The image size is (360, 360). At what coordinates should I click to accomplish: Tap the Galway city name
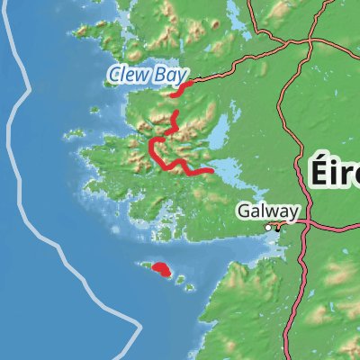tap(267, 211)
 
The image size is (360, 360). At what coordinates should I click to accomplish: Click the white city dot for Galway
tap(268, 228)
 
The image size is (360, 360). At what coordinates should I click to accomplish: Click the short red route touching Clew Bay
tap(179, 88)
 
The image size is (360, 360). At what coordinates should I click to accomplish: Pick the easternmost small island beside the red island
tap(191, 287)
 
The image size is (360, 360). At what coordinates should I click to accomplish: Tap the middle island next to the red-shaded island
tap(179, 280)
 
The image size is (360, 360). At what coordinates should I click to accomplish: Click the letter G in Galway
tap(244, 211)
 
